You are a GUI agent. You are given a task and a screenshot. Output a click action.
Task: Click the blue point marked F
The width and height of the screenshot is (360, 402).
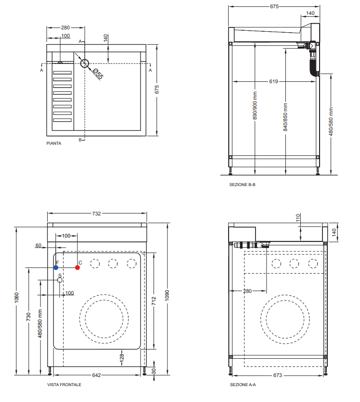(x=56, y=267)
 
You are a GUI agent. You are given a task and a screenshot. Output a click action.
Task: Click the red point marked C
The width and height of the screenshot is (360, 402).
(x=77, y=267)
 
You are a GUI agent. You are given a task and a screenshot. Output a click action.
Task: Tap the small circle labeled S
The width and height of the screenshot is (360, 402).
(x=60, y=279)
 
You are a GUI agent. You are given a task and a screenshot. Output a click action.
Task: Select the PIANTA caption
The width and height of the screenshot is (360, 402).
(x=53, y=143)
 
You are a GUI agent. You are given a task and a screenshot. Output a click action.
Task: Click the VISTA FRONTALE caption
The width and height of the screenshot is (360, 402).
(x=64, y=385)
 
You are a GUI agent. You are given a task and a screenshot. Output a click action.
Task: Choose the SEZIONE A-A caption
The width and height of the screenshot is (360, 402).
(x=243, y=385)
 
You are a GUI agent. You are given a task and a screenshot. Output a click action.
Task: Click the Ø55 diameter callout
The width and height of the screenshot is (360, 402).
(x=98, y=74)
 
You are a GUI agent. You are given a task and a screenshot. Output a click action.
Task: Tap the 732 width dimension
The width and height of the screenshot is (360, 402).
(x=96, y=214)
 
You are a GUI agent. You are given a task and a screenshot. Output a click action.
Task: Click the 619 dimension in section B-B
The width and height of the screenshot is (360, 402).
(x=273, y=82)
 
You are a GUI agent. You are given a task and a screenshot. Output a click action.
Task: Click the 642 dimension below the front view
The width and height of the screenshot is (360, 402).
(x=96, y=375)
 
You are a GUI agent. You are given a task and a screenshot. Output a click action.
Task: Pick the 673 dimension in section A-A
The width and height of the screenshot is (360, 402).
(x=277, y=375)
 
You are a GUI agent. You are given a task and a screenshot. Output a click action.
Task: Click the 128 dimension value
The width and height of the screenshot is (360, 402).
(x=122, y=357)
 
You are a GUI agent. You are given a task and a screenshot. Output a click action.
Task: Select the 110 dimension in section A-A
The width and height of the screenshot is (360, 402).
(x=298, y=218)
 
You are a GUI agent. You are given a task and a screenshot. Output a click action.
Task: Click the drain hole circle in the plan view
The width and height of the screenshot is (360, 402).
(x=85, y=63)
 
